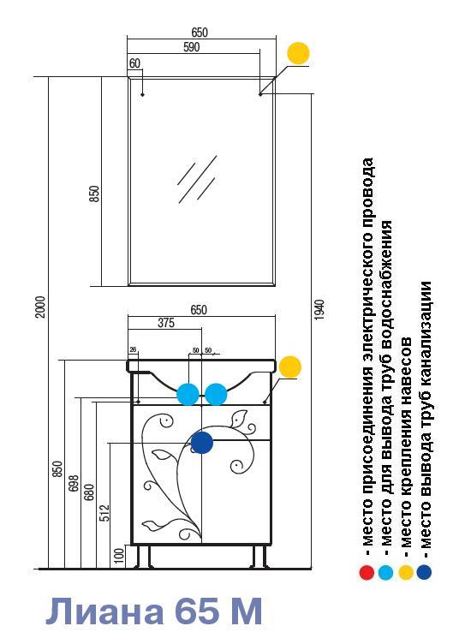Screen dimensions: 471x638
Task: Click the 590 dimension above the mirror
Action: click(191, 47)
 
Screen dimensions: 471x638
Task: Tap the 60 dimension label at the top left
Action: click(134, 63)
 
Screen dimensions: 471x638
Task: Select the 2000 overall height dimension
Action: click(40, 307)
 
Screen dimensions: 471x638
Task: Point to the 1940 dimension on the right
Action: click(319, 310)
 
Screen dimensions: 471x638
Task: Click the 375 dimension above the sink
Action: click(166, 323)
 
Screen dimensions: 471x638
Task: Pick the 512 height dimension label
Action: click(104, 514)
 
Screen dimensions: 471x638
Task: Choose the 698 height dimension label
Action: click(74, 483)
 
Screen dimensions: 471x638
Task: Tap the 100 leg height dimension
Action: click(119, 556)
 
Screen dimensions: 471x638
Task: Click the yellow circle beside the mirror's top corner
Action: click(298, 53)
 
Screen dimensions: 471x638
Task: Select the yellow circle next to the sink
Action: click(290, 367)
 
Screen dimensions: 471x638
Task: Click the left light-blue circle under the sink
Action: click(188, 394)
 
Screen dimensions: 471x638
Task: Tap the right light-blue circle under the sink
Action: click(216, 394)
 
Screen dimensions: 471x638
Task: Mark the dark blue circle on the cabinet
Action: click(202, 443)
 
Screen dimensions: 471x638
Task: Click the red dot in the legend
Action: click(367, 573)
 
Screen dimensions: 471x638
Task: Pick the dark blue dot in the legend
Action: click(424, 572)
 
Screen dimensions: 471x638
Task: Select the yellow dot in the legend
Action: click(405, 573)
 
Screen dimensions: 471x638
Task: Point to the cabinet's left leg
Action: click(143, 556)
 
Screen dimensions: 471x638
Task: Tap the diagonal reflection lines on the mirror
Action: click(197, 179)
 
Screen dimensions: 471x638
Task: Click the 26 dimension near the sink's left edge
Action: click(133, 349)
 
